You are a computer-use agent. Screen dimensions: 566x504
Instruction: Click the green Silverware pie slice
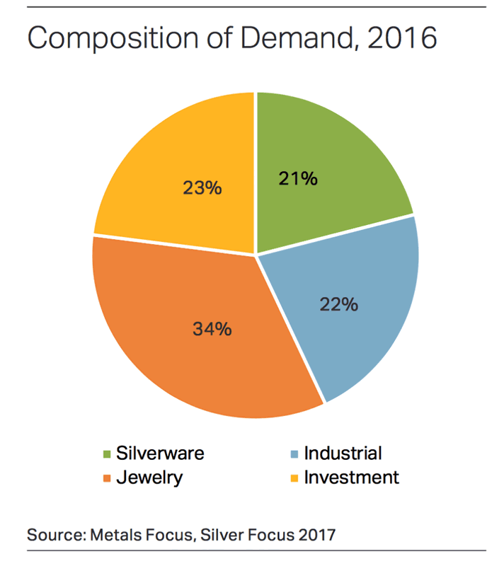click(x=333, y=156)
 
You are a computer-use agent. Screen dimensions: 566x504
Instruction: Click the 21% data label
click(x=298, y=178)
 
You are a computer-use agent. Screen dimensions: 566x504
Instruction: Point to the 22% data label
click(x=338, y=306)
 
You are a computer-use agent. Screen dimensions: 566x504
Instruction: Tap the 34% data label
click(x=212, y=329)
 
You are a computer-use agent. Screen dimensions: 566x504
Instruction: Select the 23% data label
click(x=203, y=188)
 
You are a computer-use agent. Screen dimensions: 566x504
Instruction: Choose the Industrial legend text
click(x=343, y=454)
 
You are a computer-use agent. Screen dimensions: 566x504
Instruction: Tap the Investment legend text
click(x=351, y=478)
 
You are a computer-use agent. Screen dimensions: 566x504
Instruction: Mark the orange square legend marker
click(x=107, y=478)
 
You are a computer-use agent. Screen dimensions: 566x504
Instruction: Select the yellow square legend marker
click(x=294, y=478)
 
